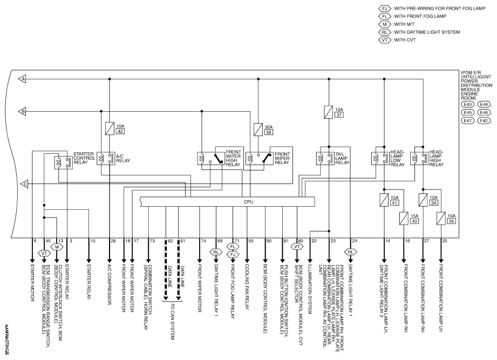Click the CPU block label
(248, 202)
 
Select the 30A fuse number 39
(258, 130)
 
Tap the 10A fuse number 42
(110, 128)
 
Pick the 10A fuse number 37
(329, 112)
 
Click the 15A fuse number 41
(384, 200)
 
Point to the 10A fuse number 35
(441, 219)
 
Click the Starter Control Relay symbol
(63, 162)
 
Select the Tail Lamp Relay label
(342, 158)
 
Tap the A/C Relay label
(123, 159)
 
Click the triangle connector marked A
(22, 79)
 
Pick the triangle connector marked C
(24, 184)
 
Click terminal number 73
(152, 241)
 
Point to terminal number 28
(113, 241)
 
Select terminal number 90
(269, 241)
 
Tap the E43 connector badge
(468, 104)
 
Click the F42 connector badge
(484, 120)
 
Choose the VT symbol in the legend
(384, 40)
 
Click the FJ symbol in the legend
(384, 9)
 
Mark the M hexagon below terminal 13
(57, 247)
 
